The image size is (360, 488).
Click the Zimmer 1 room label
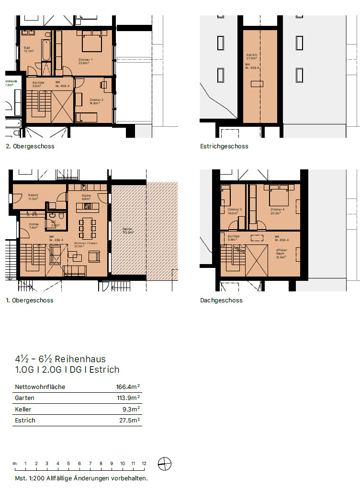85,59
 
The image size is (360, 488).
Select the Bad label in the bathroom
27,48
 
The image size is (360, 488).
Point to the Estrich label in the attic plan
252,55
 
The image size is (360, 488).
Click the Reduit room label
33,195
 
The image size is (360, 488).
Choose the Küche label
86,196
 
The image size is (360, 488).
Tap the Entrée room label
34,224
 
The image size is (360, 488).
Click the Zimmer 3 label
235,210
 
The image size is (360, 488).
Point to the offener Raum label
281,251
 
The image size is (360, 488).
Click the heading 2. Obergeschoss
30,146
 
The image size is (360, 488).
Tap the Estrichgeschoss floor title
224,146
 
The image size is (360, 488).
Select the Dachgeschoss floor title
221,300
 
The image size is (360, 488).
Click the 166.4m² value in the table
127,387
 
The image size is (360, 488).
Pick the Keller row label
22,409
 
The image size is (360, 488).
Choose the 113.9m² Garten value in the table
127,398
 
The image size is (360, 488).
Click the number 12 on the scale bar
144,464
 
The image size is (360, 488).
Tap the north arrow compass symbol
164,463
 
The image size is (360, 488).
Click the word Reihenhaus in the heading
80,359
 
